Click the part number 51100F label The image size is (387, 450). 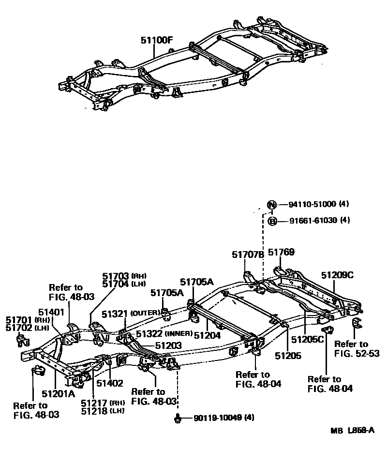[x=157, y=41]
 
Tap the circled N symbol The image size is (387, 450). [x=272, y=204]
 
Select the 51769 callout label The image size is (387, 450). [x=281, y=252]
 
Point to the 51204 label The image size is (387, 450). [x=207, y=334]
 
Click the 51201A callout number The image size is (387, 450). [x=58, y=393]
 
